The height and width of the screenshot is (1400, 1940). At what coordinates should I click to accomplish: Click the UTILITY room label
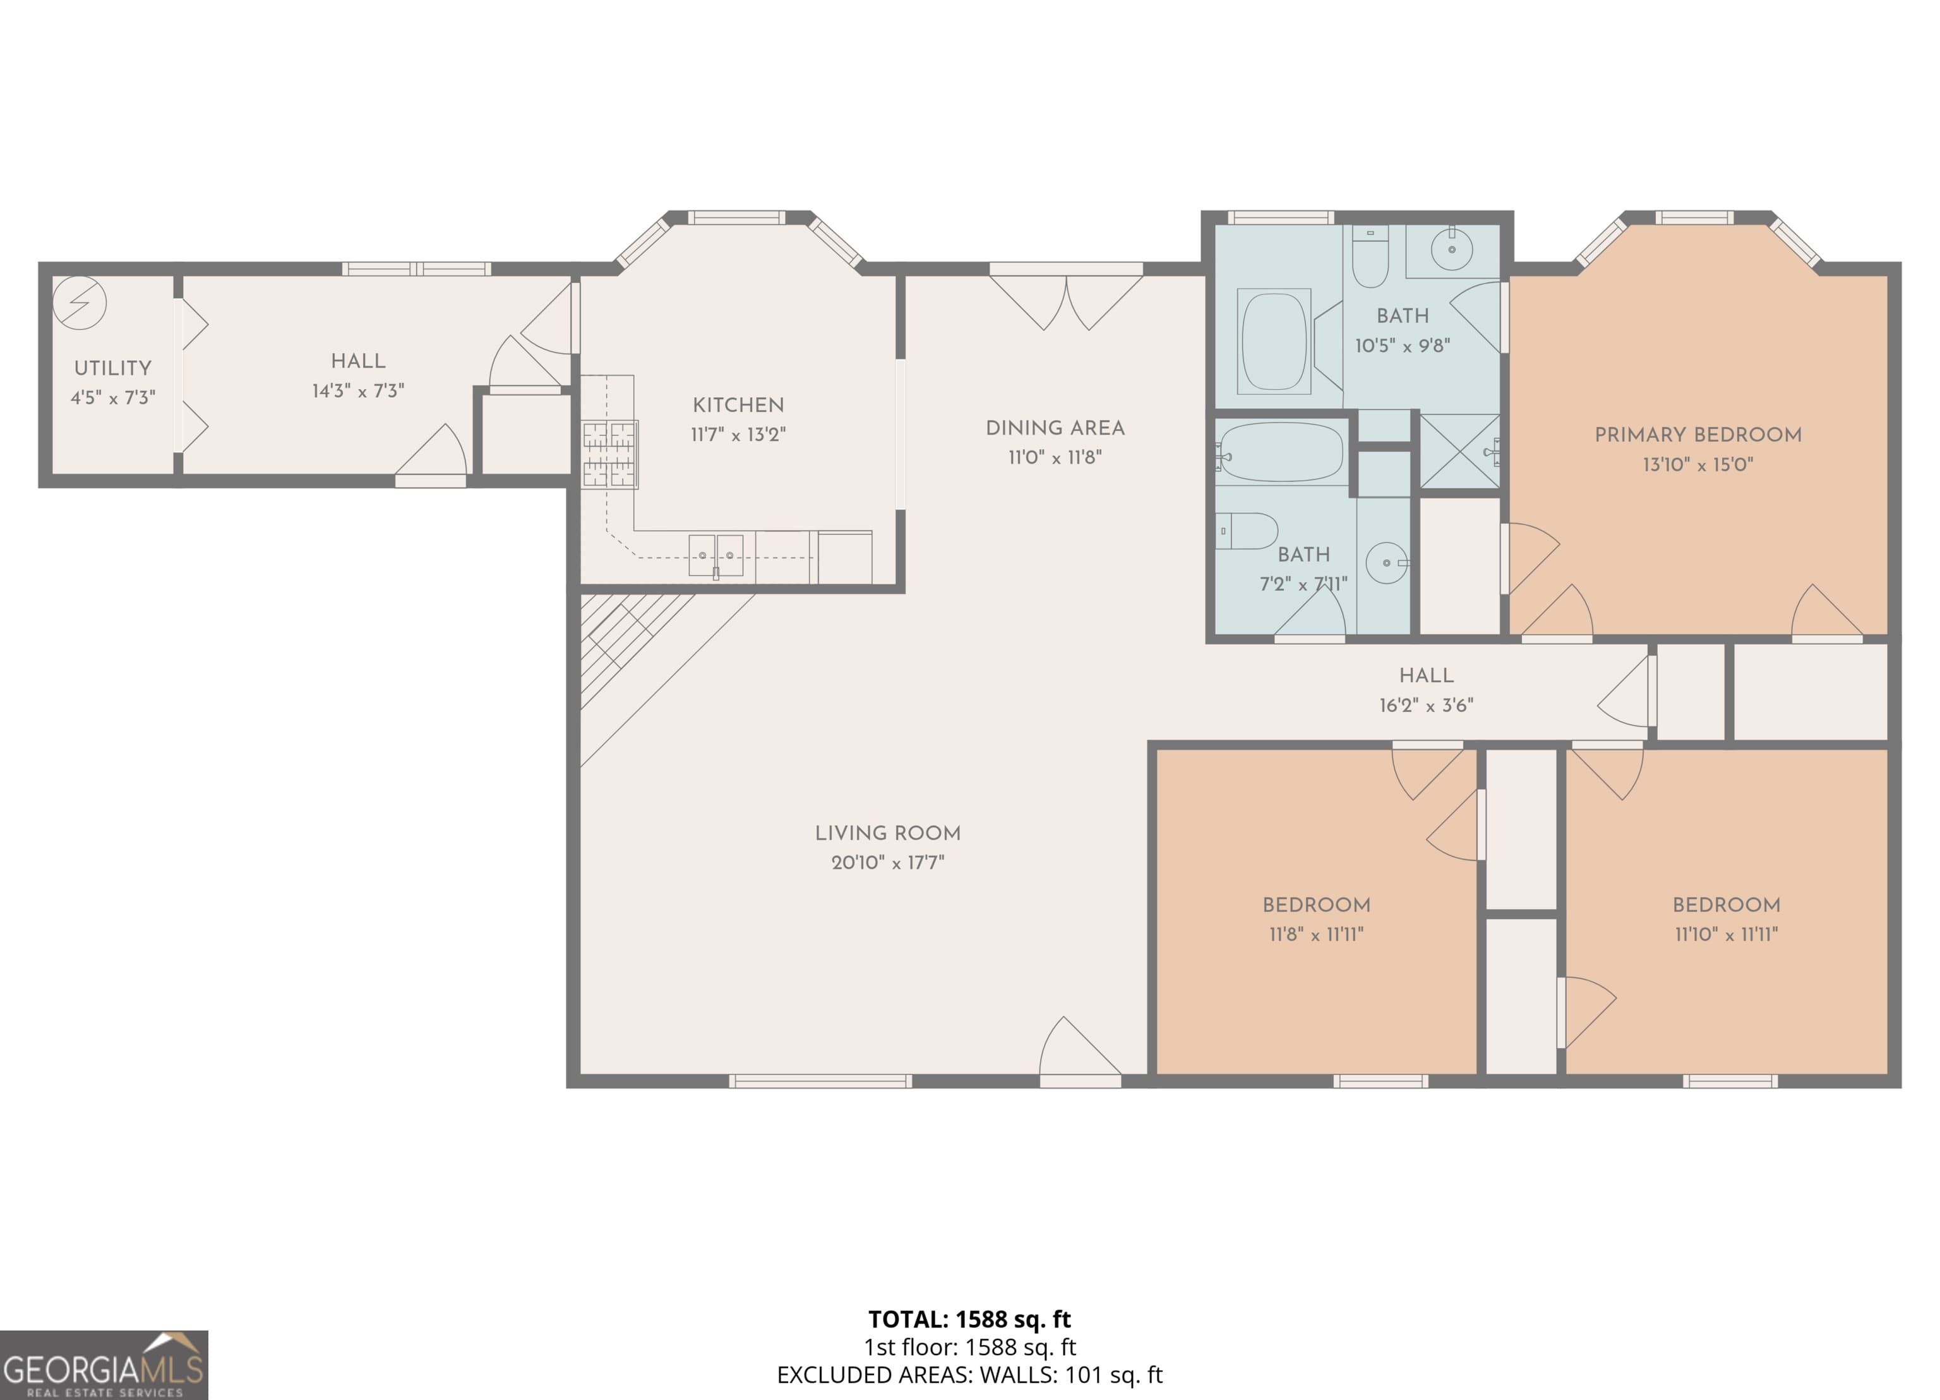coord(113,368)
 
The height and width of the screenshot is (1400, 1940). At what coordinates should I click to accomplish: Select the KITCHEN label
coord(738,405)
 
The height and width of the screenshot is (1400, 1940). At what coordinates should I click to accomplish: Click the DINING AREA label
coord(1055,428)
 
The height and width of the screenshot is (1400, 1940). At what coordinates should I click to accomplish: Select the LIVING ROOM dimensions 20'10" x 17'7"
coord(888,862)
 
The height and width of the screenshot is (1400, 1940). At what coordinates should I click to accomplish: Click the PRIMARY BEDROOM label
coord(1698,435)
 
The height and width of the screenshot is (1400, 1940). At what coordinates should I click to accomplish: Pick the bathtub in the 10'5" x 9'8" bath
coord(1274,341)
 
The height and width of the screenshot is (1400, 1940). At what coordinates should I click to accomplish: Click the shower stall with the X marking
coord(1460,452)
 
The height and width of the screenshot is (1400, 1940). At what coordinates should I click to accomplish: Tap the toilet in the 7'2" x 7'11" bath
coord(1247,531)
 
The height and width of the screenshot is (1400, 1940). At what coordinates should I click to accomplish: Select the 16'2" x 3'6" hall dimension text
coord(1426,705)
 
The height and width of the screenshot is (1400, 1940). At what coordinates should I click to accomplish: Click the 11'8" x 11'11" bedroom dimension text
coord(1317,934)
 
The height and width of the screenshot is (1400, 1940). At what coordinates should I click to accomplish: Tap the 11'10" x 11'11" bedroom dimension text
coord(1726,934)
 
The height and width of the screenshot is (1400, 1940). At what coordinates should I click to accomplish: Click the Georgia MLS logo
coord(104,1365)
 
